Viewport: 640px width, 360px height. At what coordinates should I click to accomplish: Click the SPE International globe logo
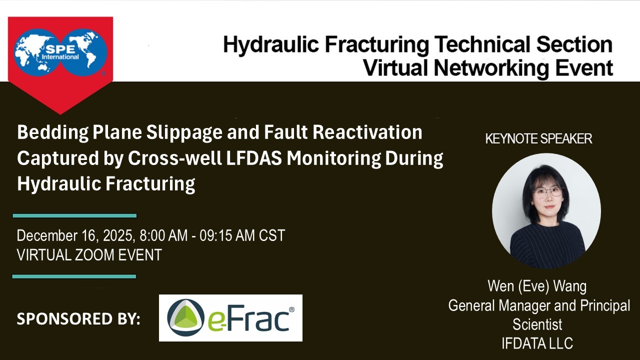(x=60, y=52)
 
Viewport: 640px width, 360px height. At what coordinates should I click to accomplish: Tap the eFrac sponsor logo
(x=230, y=317)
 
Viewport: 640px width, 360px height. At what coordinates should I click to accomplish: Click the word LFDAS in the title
(x=254, y=158)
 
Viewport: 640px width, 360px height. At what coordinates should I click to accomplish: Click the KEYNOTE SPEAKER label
(x=538, y=139)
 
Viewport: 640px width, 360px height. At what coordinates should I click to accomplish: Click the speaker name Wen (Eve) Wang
(x=537, y=286)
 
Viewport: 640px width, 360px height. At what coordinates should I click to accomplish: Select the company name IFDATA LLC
(x=537, y=343)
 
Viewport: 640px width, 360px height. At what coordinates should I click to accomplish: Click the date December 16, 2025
(x=75, y=236)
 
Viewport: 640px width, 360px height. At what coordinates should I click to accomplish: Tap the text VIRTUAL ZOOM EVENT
(x=89, y=255)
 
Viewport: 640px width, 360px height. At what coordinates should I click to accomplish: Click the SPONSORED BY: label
(x=78, y=318)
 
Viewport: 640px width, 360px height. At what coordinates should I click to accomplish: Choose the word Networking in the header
(x=491, y=68)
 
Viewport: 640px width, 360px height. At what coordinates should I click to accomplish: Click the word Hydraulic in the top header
(x=271, y=45)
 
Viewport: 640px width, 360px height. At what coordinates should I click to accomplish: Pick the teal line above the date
(x=74, y=215)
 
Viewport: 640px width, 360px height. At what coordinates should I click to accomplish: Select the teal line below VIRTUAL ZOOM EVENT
(x=74, y=276)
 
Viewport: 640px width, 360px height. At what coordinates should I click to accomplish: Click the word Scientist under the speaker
(x=537, y=324)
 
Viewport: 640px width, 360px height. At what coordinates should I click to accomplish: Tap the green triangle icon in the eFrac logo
(x=185, y=317)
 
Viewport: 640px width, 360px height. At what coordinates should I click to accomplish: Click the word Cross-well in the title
(x=174, y=158)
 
